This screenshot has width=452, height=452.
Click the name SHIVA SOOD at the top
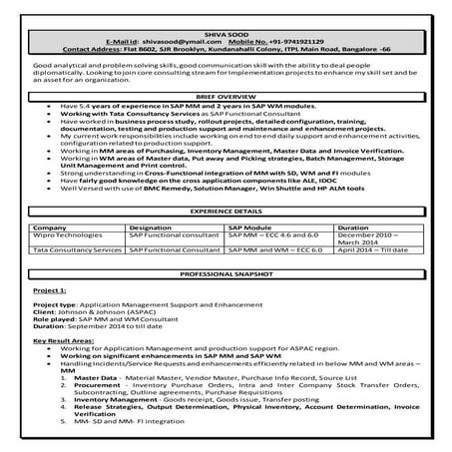226,34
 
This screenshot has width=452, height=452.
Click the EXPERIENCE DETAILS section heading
226,213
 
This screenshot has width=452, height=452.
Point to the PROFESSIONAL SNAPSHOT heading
226,272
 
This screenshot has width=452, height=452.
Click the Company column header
50,226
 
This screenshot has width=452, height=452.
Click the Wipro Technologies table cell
68,234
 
